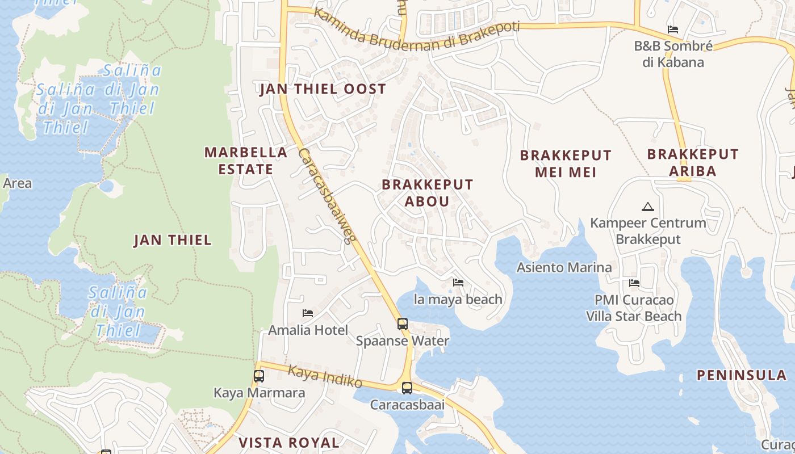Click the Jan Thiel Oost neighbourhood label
[323, 89]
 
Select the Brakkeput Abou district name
[427, 193]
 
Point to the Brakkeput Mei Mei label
[566, 163]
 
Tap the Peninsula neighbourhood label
[742, 375]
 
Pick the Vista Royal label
[288, 443]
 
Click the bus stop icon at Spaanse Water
[403, 324]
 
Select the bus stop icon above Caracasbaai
[407, 388]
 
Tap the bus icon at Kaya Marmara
[259, 376]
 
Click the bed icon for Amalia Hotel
[308, 313]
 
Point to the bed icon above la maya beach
[458, 282]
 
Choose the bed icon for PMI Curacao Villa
[634, 283]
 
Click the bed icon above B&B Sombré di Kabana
[673, 30]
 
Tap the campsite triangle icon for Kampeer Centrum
[647, 207]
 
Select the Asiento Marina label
[564, 267]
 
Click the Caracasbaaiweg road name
[327, 195]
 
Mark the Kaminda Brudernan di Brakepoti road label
[417, 31]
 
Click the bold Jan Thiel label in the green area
[173, 240]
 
